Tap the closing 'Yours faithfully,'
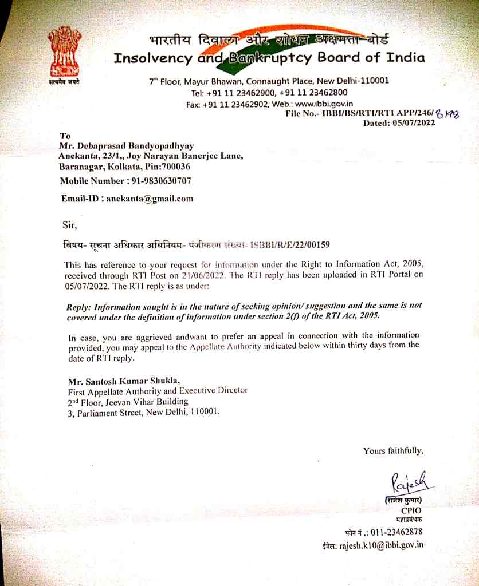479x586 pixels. (x=393, y=451)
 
